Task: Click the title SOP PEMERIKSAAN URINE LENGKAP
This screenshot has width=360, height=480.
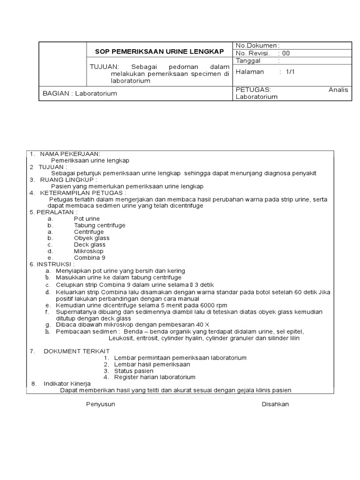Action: point(160,51)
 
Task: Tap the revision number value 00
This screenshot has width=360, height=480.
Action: point(285,53)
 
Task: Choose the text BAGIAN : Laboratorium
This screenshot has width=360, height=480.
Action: point(80,93)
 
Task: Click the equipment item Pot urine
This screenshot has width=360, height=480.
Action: point(87,219)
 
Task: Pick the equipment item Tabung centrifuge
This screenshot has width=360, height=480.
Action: point(99,225)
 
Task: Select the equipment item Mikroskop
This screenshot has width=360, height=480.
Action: point(89,251)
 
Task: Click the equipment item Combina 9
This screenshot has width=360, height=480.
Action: point(90,258)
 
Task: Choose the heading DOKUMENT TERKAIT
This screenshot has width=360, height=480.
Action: point(76,351)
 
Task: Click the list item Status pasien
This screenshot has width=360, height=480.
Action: point(134,371)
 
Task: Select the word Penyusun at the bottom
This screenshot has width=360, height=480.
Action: point(100,404)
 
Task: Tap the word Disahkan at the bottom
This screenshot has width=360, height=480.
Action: point(275,404)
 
